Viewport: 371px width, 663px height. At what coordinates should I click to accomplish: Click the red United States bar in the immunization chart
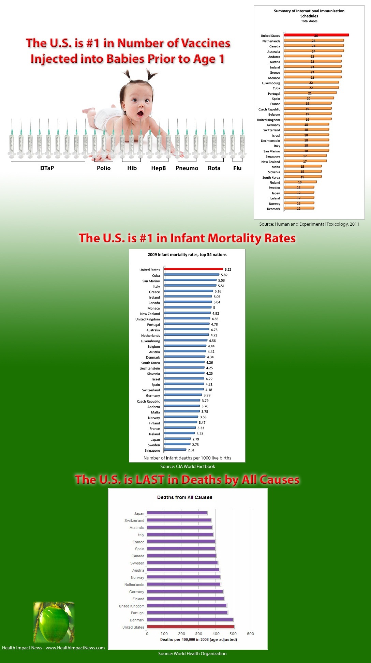[x=316, y=35]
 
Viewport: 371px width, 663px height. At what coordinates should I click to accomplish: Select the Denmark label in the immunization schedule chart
[x=273, y=209]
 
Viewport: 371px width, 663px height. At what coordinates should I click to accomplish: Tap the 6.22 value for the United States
[x=228, y=269]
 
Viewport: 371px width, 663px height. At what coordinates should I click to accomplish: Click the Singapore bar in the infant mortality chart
[x=175, y=450]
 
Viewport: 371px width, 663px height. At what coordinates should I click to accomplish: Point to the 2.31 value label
[x=191, y=450]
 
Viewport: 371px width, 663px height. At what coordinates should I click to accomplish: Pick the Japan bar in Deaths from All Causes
[x=177, y=513]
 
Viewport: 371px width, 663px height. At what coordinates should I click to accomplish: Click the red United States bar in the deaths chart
[x=190, y=627]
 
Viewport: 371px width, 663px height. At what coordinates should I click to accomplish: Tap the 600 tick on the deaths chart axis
[x=250, y=634]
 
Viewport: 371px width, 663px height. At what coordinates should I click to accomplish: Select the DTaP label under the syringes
[x=47, y=168]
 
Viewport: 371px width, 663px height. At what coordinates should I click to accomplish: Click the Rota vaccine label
[x=214, y=168]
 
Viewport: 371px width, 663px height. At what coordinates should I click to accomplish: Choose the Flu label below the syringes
[x=237, y=168]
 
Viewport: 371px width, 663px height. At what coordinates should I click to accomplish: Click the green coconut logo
[x=54, y=622]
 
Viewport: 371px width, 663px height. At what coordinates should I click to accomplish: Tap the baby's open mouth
[x=140, y=113]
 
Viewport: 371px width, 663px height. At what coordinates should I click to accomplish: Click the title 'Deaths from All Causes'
[x=185, y=497]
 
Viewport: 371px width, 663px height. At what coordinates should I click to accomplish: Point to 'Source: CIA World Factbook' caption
[x=188, y=466]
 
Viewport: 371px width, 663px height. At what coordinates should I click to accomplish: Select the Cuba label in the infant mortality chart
[x=156, y=275]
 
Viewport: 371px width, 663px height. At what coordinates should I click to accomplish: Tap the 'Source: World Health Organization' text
[x=192, y=653]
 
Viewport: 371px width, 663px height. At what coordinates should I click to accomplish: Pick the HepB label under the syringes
[x=159, y=168]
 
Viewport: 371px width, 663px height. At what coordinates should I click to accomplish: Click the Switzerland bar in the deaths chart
[x=179, y=520]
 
